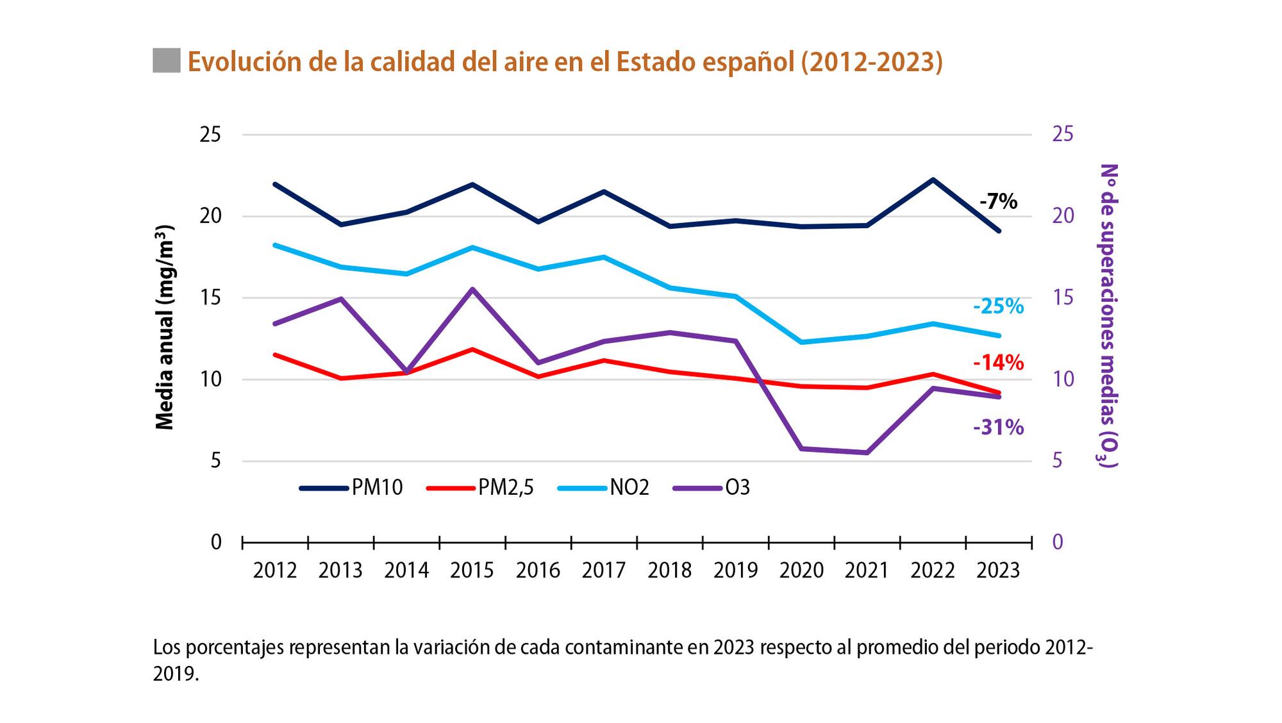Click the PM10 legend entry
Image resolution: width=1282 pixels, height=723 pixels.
[x=351, y=488]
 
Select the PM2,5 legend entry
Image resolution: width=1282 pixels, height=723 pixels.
[x=480, y=488]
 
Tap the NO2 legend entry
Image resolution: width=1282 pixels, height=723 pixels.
[x=604, y=488]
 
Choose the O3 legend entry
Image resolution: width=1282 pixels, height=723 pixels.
[x=712, y=488]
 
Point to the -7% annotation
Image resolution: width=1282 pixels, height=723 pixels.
[x=998, y=201]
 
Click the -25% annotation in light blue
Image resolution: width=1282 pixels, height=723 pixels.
[x=998, y=306]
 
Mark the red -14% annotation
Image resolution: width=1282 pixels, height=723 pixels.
[x=998, y=363]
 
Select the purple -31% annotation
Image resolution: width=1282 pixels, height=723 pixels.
[x=998, y=427]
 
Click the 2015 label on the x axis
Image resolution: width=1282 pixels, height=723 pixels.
[x=472, y=570]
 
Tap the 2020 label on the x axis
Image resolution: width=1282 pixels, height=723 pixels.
[x=801, y=570]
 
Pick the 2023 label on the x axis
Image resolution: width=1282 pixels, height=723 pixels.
[x=998, y=570]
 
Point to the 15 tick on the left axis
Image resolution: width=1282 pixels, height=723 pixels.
[x=211, y=297]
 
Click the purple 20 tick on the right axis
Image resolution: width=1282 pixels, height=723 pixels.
[x=1063, y=216]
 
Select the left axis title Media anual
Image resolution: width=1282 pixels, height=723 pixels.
[x=165, y=327]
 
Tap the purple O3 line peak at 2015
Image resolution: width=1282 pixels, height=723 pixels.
[x=472, y=289]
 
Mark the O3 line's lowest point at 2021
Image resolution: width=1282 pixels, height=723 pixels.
[x=867, y=453]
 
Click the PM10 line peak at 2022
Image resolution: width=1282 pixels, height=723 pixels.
[x=933, y=179]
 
